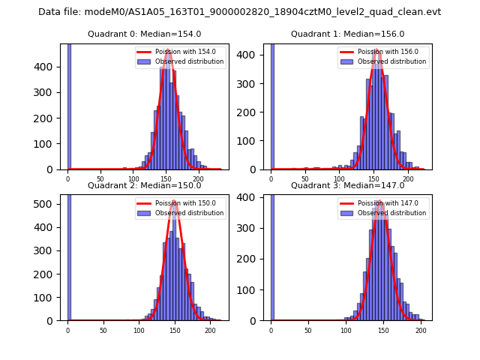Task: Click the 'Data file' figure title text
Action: pos(239,12)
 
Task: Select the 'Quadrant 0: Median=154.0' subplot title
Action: pos(144,34)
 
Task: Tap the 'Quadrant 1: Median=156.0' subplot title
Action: pos(347,34)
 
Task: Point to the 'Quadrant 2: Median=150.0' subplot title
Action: pos(144,185)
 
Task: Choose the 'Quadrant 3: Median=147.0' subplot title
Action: pos(347,185)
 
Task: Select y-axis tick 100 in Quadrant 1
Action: pos(253,141)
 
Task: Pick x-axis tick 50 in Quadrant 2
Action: pos(103,331)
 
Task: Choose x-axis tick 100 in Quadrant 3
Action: pos(346,331)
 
